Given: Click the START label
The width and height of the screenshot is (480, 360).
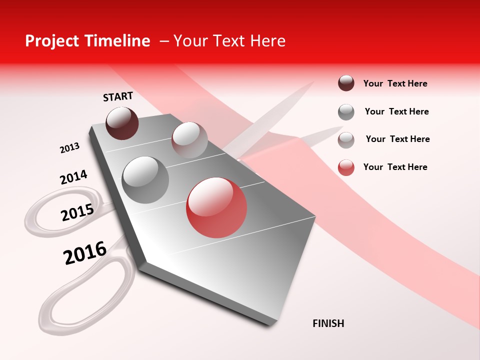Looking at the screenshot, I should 118,96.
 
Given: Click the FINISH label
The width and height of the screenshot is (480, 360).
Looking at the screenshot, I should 328,323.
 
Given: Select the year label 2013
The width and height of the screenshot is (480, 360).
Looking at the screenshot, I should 69,148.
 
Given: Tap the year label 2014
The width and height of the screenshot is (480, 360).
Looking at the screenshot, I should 73,177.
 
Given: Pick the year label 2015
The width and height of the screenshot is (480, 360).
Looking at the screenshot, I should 77,212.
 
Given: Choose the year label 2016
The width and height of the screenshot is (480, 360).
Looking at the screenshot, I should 85,253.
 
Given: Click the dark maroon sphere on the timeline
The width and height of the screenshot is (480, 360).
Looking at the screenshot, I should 122,123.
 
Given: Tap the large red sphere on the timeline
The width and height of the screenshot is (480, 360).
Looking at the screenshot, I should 216,207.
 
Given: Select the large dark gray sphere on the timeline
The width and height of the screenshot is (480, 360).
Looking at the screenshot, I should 145,179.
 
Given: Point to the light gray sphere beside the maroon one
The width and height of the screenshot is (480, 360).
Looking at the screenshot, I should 189,140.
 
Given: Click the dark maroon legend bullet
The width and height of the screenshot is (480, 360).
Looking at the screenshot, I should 346,83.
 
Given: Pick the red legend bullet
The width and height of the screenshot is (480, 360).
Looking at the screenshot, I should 346,167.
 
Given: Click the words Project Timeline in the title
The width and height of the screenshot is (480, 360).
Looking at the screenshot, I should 87,41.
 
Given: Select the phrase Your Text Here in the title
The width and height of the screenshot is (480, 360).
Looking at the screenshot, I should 229,41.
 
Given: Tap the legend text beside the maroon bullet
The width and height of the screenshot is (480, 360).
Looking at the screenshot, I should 395,83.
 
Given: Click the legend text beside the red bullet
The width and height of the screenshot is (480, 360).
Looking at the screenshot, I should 395,167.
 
